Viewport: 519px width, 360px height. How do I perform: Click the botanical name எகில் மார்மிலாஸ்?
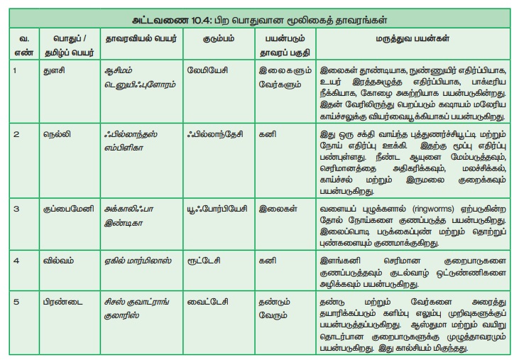[135, 261]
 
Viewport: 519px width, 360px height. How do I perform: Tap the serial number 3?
[15, 210]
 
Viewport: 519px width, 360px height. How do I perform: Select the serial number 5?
[15, 301]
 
